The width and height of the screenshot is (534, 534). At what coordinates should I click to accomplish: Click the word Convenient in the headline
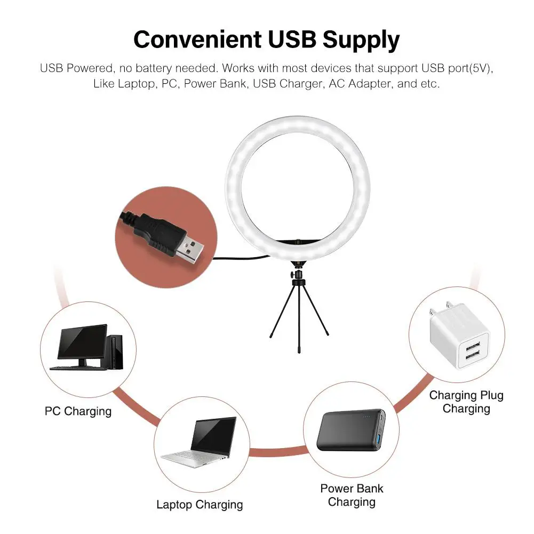coord(197,39)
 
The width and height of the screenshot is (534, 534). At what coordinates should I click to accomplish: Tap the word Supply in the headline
coord(361,40)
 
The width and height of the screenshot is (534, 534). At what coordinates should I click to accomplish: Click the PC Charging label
coord(78,411)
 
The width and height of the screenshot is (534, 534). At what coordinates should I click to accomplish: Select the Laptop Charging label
coord(200,505)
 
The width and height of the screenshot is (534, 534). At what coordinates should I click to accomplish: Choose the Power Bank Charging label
coord(352,495)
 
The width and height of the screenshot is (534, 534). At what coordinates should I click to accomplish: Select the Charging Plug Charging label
coord(466,402)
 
